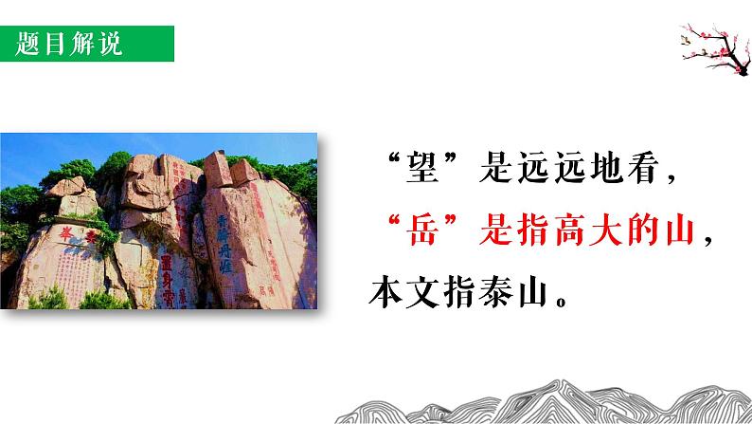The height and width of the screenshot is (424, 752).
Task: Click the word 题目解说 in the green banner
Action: coord(69,44)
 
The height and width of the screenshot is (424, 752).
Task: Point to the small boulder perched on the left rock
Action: coord(68,189)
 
